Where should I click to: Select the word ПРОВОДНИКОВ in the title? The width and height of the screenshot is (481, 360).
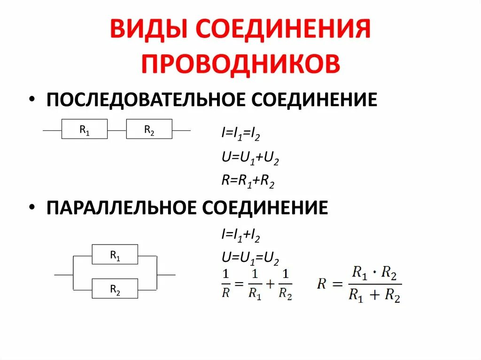click(240, 63)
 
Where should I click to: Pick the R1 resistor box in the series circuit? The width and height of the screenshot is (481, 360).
click(85, 129)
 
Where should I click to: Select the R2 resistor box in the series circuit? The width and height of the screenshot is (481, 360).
click(149, 129)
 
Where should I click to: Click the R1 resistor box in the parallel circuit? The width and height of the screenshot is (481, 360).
click(115, 255)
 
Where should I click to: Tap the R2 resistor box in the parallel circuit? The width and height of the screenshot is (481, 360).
click(115, 289)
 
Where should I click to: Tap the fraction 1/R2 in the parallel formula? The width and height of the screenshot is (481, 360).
click(285, 284)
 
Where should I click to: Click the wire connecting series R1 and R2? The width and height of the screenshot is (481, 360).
click(117, 130)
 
